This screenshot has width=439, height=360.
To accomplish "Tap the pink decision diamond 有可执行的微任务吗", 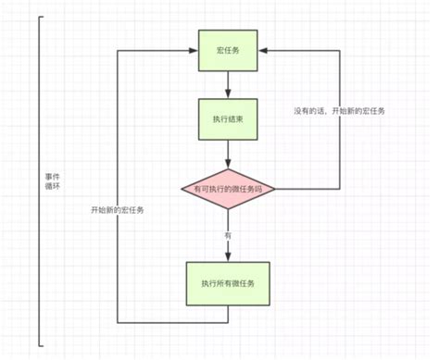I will click(x=227, y=189).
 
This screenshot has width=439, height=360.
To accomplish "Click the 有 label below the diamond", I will click(x=227, y=236).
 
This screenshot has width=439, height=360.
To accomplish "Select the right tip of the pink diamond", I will click(x=275, y=189).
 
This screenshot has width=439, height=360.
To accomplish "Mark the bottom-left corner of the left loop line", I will click(x=118, y=323).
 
